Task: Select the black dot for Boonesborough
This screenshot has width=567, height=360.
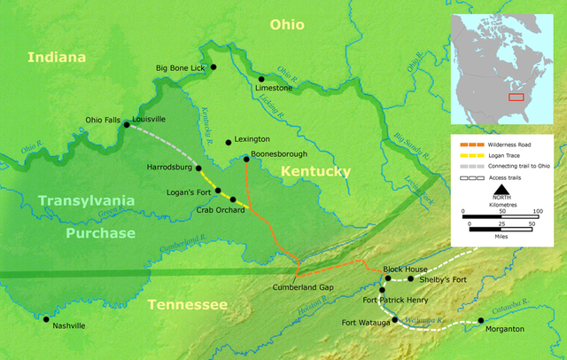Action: point(245,160)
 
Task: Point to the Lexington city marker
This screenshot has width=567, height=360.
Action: point(229,141)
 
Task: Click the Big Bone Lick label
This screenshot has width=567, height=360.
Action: point(180,67)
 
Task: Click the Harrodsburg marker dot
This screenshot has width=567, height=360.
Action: point(198,168)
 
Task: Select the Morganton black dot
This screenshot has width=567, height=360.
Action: point(481,320)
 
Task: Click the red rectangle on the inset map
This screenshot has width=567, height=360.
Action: point(516,96)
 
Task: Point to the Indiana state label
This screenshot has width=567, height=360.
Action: point(58,58)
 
